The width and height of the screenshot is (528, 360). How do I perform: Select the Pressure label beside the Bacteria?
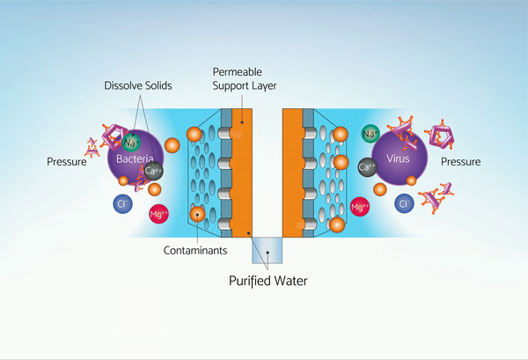(x=68, y=161)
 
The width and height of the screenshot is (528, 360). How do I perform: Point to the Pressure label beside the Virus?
(x=460, y=162)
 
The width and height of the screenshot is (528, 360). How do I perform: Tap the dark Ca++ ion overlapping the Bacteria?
(x=153, y=171)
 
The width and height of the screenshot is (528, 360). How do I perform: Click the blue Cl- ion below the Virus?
(x=405, y=204)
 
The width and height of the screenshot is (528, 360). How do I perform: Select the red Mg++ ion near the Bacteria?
(x=158, y=213)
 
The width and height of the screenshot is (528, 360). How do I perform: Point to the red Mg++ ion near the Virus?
(x=359, y=207)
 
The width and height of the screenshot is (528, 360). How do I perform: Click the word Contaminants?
(x=196, y=250)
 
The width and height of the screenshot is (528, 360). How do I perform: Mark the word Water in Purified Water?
(x=295, y=282)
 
